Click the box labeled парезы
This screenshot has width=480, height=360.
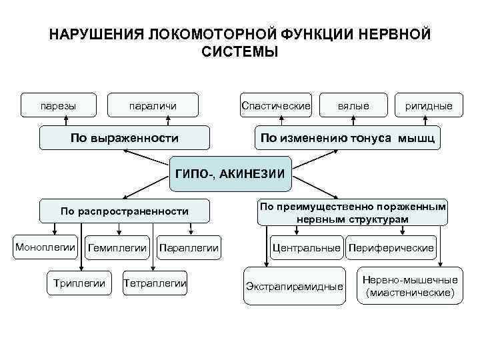(58, 105)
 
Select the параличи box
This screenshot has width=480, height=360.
(153, 105)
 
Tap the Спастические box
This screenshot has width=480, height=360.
(276, 105)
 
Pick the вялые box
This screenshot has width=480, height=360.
(353, 105)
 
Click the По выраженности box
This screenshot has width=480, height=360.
(125, 139)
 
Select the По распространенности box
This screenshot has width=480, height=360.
(125, 211)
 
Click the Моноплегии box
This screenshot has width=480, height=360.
(46, 247)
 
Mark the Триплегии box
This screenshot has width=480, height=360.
(79, 283)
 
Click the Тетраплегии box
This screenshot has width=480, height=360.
(155, 283)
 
